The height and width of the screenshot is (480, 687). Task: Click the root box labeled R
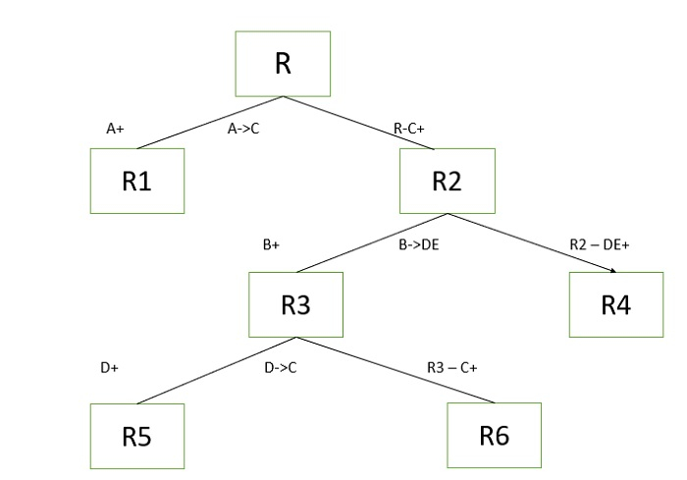tap(283, 64)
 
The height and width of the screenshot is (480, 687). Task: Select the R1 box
tap(137, 181)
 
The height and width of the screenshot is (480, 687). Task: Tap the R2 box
tap(447, 181)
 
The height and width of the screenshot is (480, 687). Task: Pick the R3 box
tap(295, 304)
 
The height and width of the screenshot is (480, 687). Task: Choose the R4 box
tap(615, 304)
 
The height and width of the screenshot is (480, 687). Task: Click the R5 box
tap(137, 436)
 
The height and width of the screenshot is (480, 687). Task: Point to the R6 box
tap(495, 436)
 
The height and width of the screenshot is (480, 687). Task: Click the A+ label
tap(116, 128)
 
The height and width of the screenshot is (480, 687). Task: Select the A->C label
tap(242, 128)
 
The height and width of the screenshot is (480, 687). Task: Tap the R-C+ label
tap(409, 128)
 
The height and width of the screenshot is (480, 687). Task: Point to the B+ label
tap(271, 246)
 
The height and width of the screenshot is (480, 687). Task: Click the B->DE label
tap(418, 246)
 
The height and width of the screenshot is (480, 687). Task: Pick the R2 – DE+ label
tap(598, 245)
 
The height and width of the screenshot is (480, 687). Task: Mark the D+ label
tap(109, 368)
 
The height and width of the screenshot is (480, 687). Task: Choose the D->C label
tap(281, 368)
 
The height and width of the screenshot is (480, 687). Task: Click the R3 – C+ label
tap(451, 368)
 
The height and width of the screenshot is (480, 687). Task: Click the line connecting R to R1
tap(210, 123)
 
